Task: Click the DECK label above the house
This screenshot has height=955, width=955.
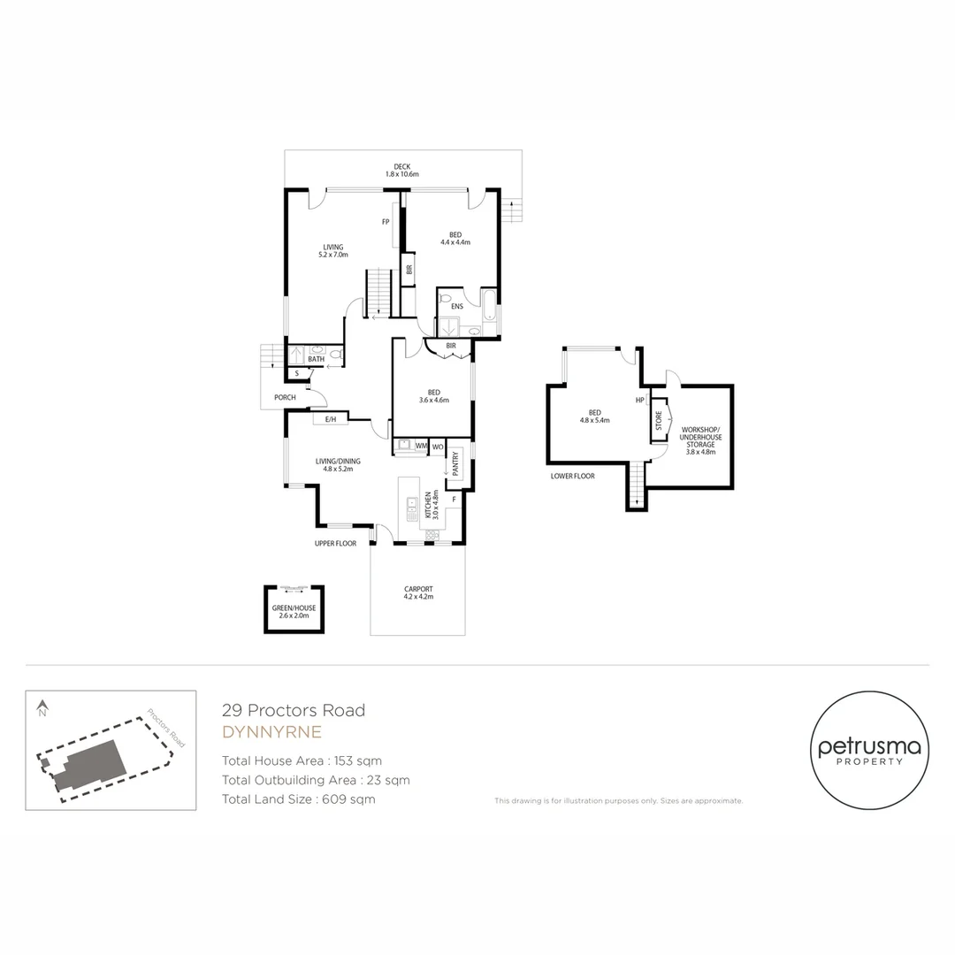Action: pos(401,166)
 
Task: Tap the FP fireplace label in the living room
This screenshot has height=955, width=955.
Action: pos(386,221)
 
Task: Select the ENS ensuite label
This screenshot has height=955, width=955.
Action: pos(457,307)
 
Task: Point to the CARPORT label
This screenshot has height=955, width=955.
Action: pos(418,589)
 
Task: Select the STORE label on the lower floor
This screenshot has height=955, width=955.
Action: pos(659,421)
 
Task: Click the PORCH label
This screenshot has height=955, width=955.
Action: pos(285,398)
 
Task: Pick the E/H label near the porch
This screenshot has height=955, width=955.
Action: pos(331,419)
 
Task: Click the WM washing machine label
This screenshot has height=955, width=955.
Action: pos(421,447)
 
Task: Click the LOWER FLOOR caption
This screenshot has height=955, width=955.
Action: pos(572,476)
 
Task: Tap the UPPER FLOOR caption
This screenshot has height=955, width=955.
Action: pos(335,543)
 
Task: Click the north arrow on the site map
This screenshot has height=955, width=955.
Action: pos(42,707)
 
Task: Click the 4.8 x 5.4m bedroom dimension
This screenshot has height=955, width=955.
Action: pos(595,421)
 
